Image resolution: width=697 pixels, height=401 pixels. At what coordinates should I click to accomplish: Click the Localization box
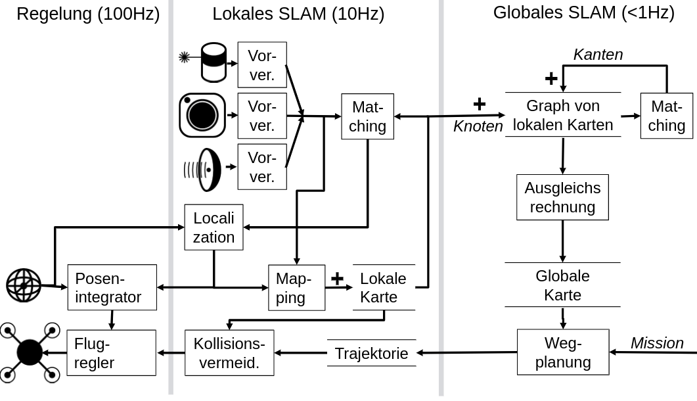tap(214, 227)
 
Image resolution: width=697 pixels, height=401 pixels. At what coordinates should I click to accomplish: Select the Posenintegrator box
tap(112, 287)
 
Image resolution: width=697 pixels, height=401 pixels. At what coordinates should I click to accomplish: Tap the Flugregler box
tap(112, 353)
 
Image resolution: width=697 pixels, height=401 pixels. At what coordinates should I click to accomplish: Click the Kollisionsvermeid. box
tap(229, 353)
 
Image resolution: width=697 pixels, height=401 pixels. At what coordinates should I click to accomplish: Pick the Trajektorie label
tap(371, 353)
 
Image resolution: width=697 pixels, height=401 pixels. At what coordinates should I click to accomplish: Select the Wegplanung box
tap(563, 352)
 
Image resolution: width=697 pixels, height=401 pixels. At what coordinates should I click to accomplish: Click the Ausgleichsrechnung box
tap(562, 197)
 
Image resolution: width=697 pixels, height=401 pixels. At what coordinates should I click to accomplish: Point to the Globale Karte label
tap(562, 285)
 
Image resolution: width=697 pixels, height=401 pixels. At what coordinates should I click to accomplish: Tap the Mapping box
tap(296, 288)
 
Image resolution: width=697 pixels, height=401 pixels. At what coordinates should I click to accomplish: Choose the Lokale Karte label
tap(384, 287)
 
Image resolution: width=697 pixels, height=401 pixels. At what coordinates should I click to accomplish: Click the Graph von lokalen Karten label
tap(562, 115)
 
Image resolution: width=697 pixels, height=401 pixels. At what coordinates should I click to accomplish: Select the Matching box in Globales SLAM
tap(667, 116)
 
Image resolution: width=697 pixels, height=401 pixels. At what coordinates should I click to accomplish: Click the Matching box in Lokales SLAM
tap(367, 116)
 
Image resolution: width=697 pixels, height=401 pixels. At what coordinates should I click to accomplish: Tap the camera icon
tap(202, 115)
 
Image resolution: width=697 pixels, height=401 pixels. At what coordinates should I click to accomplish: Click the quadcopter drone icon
tap(30, 352)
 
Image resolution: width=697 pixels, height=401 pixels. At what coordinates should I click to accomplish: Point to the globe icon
tap(24, 285)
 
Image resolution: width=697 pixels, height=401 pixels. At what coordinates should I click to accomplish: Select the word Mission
tap(657, 342)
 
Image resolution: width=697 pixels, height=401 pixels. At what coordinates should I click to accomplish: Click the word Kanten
tap(598, 55)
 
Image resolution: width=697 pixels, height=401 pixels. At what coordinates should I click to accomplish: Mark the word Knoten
tap(478, 126)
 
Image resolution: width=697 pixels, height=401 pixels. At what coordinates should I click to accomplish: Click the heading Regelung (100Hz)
tap(88, 14)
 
